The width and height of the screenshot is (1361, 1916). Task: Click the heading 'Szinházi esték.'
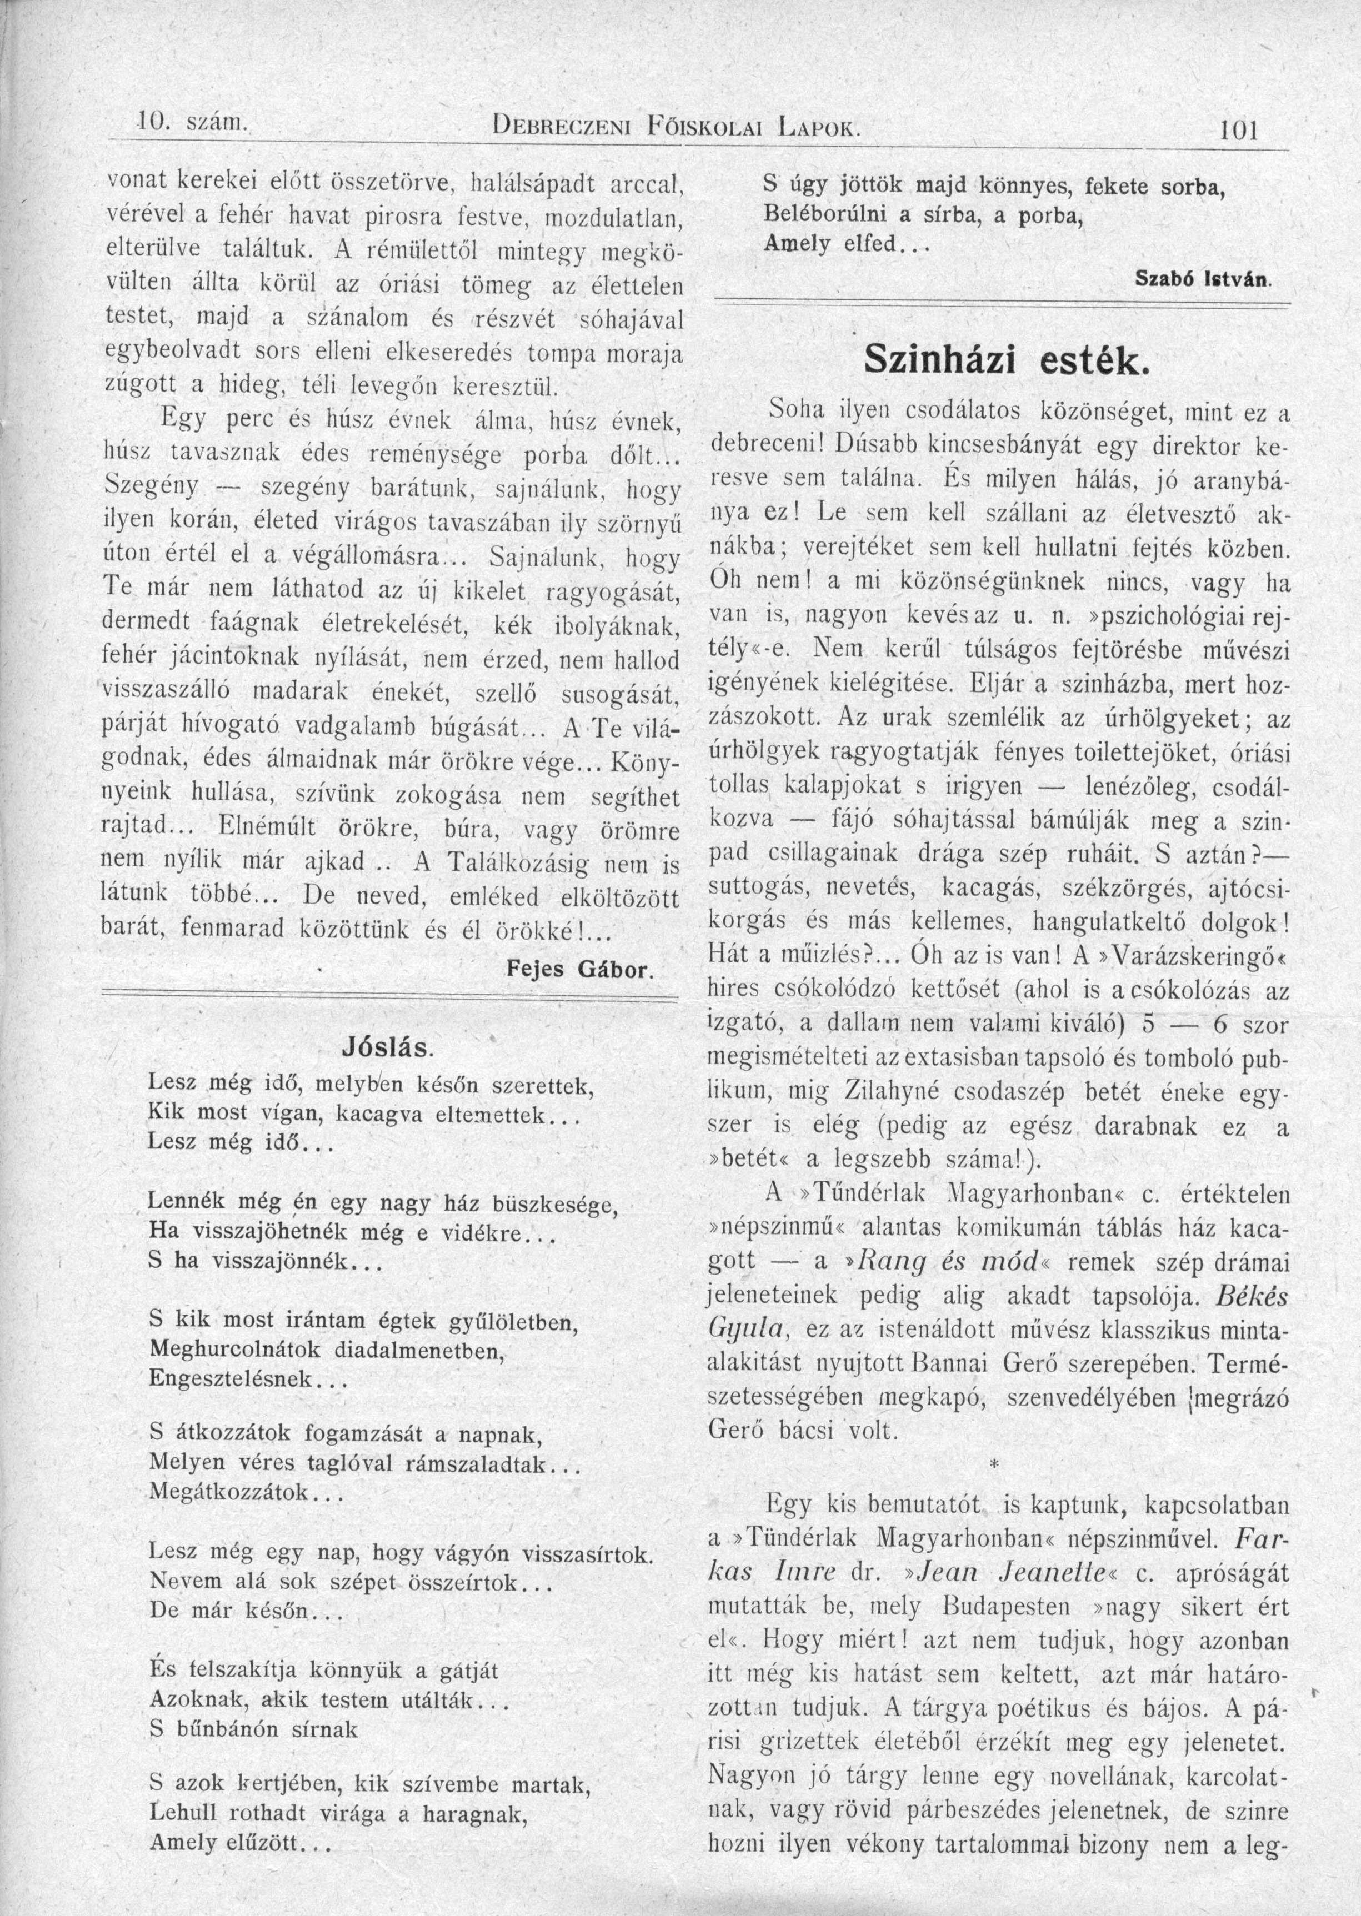1002,360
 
